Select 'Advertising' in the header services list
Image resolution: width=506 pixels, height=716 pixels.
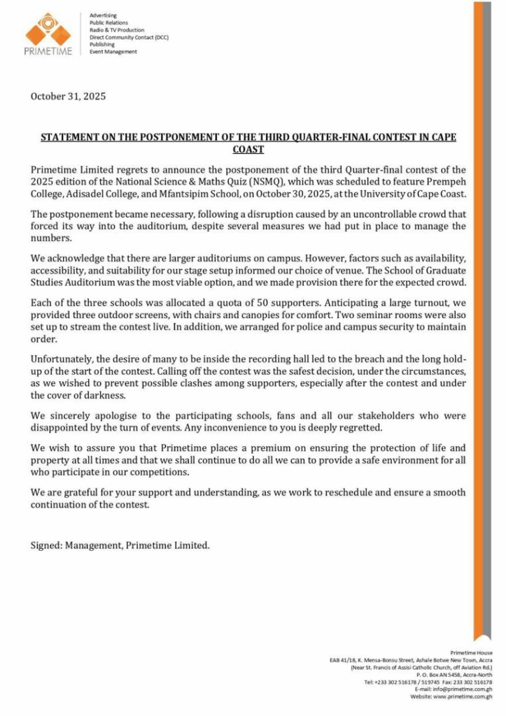pos(103,15)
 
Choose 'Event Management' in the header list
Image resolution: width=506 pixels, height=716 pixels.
pos(113,52)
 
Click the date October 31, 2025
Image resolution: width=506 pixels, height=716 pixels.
pos(68,96)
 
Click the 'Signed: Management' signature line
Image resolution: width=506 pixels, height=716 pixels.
pos(120,545)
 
